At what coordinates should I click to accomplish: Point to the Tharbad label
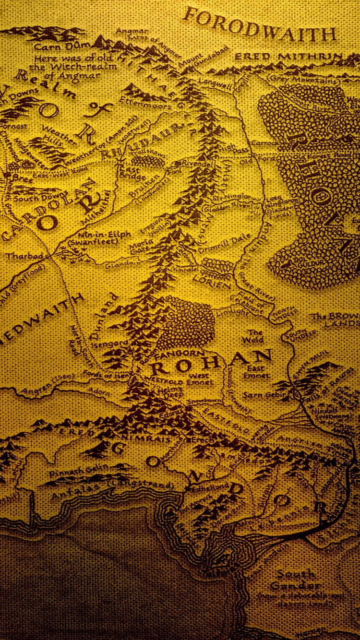pyautogui.click(x=18, y=256)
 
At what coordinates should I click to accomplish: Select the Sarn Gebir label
pyautogui.click(x=258, y=395)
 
